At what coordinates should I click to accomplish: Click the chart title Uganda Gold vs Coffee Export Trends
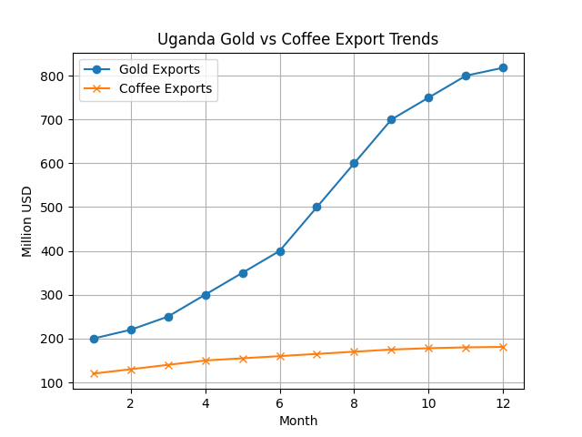(297, 39)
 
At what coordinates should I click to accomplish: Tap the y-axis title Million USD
(27, 221)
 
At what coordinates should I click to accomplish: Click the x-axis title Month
(298, 421)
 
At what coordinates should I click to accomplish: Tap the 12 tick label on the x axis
(503, 402)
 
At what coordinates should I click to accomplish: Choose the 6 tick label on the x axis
(280, 402)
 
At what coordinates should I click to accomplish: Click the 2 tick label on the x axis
(131, 402)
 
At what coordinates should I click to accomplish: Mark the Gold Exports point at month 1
(94, 339)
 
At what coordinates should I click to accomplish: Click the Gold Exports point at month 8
(354, 164)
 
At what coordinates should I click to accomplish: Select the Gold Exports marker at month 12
(503, 68)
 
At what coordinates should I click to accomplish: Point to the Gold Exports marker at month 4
(206, 295)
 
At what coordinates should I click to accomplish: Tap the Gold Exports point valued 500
(316, 208)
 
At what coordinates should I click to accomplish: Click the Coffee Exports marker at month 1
(94, 373)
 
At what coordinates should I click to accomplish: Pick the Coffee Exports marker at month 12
(503, 347)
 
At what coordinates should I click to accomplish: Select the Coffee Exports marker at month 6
(280, 356)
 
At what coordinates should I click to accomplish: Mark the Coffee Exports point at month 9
(391, 350)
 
